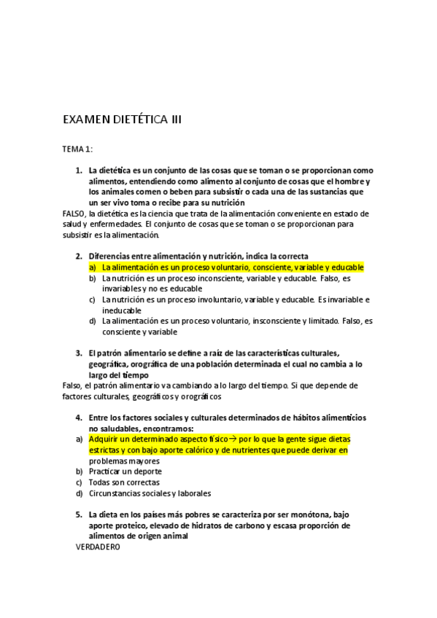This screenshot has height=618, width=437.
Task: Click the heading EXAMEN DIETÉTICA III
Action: click(122, 119)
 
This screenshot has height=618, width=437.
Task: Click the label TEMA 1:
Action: click(77, 149)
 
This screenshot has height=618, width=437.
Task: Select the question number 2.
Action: click(79, 257)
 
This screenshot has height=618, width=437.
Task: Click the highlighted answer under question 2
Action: click(233, 267)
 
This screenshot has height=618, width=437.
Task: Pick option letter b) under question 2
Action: click(93, 278)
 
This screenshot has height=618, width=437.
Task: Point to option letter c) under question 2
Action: click(93, 300)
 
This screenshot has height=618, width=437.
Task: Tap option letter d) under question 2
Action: click(93, 321)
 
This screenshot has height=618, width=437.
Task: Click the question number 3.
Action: click(79, 353)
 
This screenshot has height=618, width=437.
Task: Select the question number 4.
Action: click(79, 418)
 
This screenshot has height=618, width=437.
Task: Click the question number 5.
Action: click(79, 515)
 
